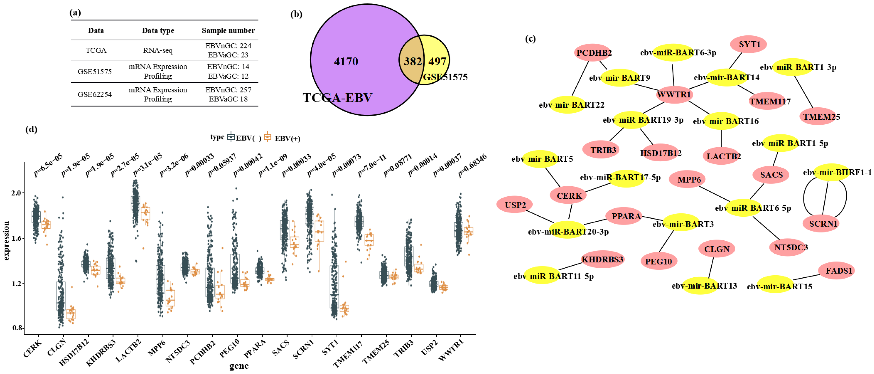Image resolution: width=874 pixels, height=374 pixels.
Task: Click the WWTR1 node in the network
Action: point(674,94)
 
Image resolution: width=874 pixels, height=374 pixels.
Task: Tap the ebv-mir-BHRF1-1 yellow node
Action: point(837,172)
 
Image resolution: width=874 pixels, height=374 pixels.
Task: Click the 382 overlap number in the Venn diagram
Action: point(412,61)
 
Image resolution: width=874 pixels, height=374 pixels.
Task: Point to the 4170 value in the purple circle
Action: point(346,61)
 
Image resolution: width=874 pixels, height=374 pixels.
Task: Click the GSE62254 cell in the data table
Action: point(95,94)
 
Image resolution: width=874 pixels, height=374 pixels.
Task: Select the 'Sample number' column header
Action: point(228,31)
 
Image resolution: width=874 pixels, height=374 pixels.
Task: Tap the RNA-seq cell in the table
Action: point(158,51)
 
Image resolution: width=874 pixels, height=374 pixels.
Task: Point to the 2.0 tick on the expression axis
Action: point(16,193)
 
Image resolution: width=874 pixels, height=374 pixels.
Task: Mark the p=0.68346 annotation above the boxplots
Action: point(472,165)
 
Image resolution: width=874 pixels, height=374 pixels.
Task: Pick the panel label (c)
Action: point(530,39)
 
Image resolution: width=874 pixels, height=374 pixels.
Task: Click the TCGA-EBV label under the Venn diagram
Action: point(337,98)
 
